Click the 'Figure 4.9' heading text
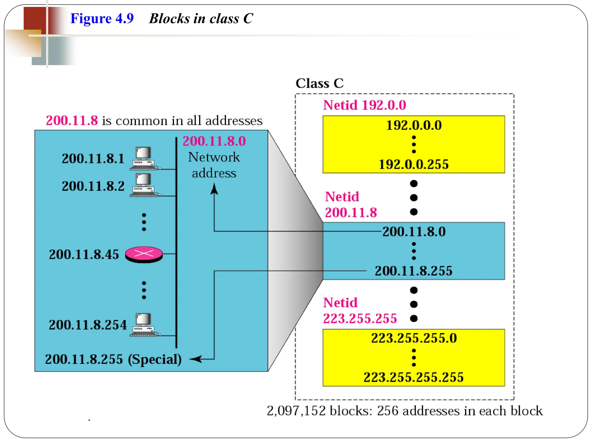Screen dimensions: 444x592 point(102,19)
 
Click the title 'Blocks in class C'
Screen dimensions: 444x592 point(201,19)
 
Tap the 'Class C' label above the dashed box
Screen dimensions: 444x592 point(319,84)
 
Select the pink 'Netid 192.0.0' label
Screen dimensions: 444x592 point(365,105)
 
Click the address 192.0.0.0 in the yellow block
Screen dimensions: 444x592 point(414,125)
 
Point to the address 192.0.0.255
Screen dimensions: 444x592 point(414,164)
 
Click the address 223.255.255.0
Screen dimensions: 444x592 point(414,338)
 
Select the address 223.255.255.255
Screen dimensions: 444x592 point(414,378)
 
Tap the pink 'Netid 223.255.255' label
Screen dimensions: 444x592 point(360,311)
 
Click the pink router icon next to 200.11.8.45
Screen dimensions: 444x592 point(144,255)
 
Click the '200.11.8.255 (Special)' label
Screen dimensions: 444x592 point(113,359)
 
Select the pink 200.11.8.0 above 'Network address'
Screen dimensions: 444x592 point(214,141)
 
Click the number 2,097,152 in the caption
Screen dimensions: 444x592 point(296,411)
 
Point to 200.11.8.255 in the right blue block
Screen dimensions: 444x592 point(413,271)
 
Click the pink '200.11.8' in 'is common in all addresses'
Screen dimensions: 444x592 point(72,121)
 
